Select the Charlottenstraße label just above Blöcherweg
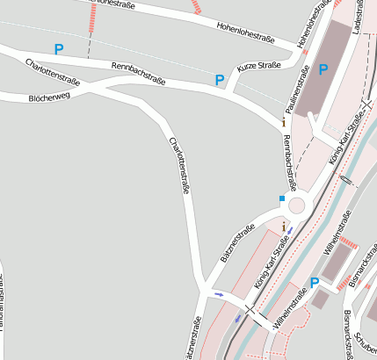point(54,71)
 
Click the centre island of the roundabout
point(297,205)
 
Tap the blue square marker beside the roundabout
point(282,199)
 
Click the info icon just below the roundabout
point(283,227)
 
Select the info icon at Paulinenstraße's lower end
point(283,123)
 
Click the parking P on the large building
point(323,69)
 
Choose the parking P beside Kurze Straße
point(220,81)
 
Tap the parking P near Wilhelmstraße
point(314,283)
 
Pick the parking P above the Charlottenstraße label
point(59,49)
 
